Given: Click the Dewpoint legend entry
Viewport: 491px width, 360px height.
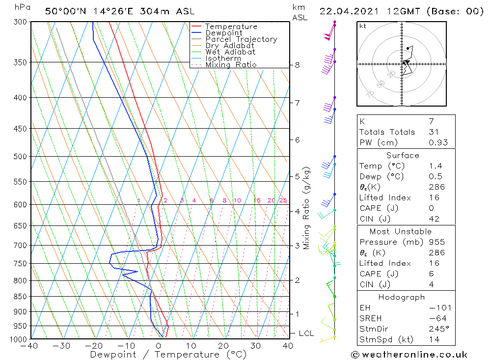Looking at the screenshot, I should click(223, 33).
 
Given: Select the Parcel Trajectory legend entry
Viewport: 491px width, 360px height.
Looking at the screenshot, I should click(241, 39).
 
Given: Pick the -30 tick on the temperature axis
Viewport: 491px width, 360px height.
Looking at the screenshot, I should click(62, 346).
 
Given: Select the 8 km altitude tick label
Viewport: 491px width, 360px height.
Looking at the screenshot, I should click(297, 65).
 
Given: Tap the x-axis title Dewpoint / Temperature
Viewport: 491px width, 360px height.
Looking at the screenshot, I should click(168, 355).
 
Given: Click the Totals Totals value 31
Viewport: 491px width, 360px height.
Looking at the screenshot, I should click(433, 132).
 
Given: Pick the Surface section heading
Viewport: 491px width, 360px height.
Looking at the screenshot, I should click(403, 156).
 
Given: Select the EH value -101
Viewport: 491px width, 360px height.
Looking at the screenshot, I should click(439, 308).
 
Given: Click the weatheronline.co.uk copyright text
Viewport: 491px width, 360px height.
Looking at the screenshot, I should click(409, 355).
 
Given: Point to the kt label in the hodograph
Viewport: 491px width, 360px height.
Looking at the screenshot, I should click(363, 26).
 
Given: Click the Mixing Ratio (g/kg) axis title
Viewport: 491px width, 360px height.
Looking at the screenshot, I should click(306, 208).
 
